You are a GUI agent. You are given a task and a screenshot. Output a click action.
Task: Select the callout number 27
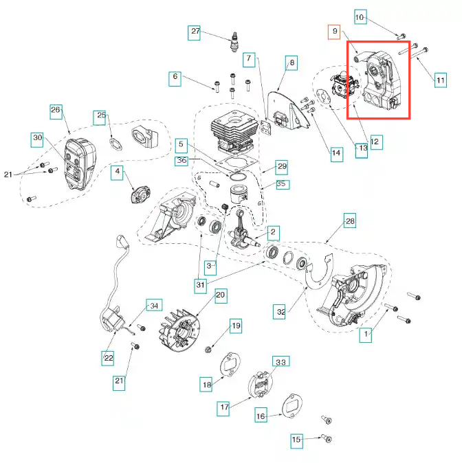tap(195, 32)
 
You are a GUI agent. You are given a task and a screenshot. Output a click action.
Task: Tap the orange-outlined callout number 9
tap(334, 31)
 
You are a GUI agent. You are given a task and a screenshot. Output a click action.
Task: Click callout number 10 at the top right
tap(361, 16)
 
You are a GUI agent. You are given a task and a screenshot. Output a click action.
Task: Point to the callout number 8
tap(292, 63)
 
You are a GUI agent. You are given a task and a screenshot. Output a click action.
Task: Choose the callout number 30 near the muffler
tap(175, 78)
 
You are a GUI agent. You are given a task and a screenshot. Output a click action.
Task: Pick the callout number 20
tap(220, 296)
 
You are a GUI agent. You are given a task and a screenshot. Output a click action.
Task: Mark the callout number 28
tap(349, 221)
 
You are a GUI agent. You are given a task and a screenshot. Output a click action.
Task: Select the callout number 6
tap(175, 78)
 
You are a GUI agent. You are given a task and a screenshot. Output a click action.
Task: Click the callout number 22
tap(109, 358)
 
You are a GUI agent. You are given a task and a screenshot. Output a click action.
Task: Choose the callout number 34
tap(154, 306)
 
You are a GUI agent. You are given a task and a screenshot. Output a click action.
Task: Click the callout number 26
tap(56, 109)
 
